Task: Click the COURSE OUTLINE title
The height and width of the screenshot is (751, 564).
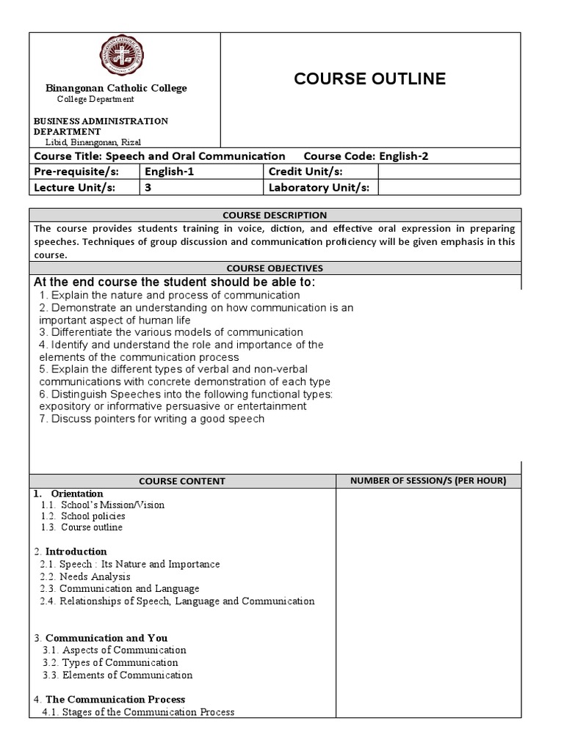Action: click(x=369, y=79)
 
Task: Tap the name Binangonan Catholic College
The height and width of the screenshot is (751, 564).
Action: click(x=117, y=88)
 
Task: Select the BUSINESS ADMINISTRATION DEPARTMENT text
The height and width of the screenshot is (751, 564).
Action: click(x=101, y=125)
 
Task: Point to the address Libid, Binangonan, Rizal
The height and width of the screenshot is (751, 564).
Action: click(x=93, y=142)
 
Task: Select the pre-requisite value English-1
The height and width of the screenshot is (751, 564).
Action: click(x=171, y=172)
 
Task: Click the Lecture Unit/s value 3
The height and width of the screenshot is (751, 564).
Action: click(x=148, y=187)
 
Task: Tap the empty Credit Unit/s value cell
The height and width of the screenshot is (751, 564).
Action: click(x=448, y=172)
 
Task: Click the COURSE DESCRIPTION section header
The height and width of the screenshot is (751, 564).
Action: click(x=275, y=215)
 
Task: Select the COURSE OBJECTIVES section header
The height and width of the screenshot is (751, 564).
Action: click(x=275, y=268)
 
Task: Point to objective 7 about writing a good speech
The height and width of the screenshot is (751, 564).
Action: click(x=152, y=419)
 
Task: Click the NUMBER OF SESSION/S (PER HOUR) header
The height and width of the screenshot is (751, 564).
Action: click(x=428, y=481)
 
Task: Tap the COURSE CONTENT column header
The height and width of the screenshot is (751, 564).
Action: click(x=182, y=481)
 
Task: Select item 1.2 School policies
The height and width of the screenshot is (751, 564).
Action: click(x=84, y=516)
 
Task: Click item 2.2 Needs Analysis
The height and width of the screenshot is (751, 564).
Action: click(x=85, y=576)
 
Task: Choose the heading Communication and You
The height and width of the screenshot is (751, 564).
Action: click(x=106, y=638)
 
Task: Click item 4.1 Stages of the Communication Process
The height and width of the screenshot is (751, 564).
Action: click(x=139, y=712)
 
